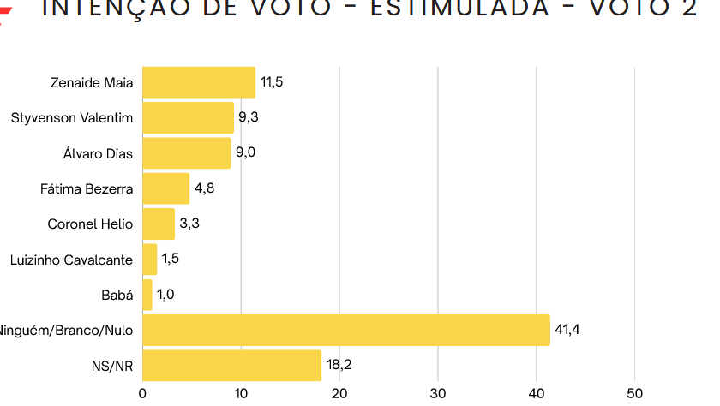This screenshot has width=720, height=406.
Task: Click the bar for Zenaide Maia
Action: pyautogui.click(x=199, y=82)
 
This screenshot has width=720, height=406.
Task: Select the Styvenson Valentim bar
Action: pyautogui.click(x=188, y=117)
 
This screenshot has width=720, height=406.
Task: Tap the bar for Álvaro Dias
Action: pyautogui.click(x=186, y=153)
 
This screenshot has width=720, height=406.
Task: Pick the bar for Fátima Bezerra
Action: pyautogui.click(x=165, y=188)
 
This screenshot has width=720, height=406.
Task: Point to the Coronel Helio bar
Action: pyautogui.click(x=159, y=224)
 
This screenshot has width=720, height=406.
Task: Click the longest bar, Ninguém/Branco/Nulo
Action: pyautogui.click(x=345, y=330)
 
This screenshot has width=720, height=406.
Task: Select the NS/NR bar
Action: pyautogui.click(x=231, y=365)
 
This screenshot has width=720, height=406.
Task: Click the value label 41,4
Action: pyautogui.click(x=567, y=330)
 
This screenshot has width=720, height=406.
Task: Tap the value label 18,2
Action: pyautogui.click(x=339, y=365)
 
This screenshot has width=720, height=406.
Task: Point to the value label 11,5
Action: pyautogui.click(x=272, y=82)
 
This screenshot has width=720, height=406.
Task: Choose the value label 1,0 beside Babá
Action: pyautogui.click(x=165, y=295)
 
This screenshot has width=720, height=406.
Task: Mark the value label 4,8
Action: pyautogui.click(x=203, y=188)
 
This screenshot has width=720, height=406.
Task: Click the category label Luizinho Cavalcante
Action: pyautogui.click(x=71, y=260)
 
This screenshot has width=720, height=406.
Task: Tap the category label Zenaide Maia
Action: pyautogui.click(x=92, y=82)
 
